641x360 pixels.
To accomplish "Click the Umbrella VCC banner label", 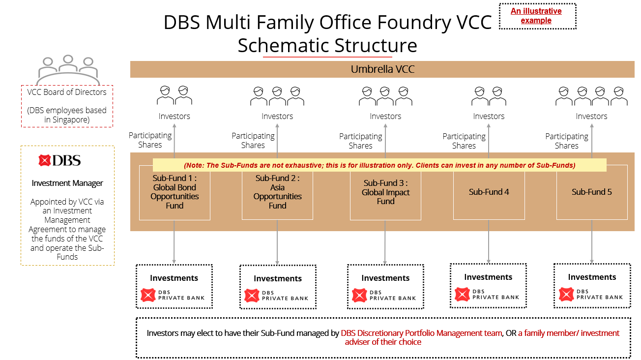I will click(382, 69).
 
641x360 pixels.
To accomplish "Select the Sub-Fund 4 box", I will click(489, 192).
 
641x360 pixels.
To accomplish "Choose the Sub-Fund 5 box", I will click(591, 192).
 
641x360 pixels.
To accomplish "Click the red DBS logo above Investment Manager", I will click(60, 160).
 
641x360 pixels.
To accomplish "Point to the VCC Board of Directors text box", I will click(67, 106).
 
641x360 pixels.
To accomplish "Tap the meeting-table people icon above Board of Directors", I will click(67, 70).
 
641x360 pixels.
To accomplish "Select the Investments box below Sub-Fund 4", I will click(488, 286).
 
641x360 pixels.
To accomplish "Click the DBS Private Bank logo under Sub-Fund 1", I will click(174, 295).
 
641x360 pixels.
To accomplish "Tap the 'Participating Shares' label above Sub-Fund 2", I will click(253, 141).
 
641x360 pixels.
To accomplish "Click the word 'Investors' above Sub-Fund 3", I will click(385, 117).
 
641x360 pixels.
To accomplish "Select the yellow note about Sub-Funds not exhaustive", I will click(379, 165).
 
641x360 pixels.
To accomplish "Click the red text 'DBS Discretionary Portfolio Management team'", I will click(421, 333).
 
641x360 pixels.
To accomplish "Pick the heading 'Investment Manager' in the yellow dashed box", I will click(67, 183).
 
